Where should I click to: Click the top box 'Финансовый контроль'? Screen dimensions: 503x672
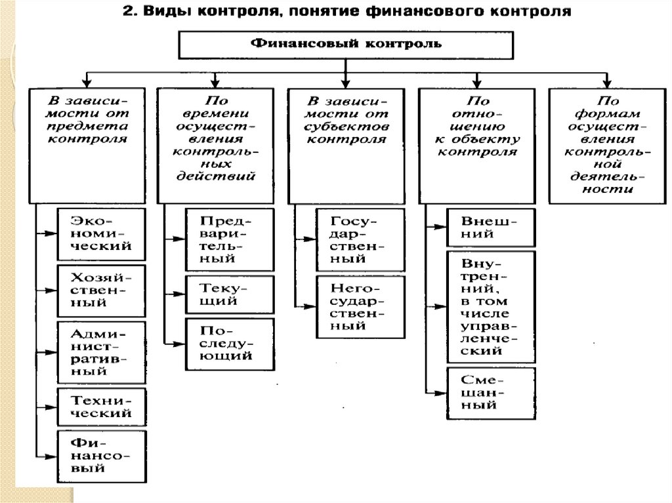tap(344, 45)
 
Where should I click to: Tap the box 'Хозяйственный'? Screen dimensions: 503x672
tap(101, 291)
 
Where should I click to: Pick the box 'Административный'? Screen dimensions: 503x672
tap(101, 352)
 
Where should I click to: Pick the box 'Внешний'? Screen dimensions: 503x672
tap(490, 227)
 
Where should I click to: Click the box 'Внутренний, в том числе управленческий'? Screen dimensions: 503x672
tap(490, 306)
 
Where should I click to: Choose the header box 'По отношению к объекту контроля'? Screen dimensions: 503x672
tap(478, 145)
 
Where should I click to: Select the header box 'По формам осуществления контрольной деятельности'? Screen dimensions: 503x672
tap(608, 145)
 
